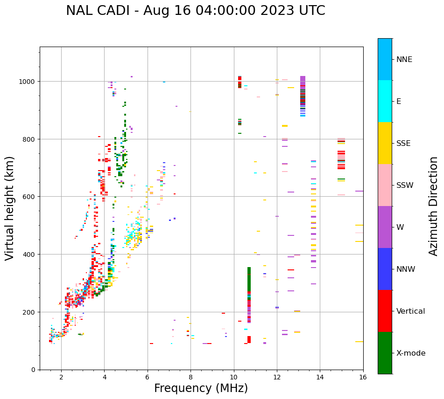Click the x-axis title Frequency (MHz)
tap(201, 388)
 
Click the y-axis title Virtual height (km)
tap(10, 208)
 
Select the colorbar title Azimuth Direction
tap(434, 206)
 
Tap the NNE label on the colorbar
tap(404, 59)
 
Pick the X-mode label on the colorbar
tap(411, 353)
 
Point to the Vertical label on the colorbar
tap(411, 311)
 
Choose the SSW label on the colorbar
tap(405, 185)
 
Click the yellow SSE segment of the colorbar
tap(385, 143)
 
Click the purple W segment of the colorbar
tap(385, 227)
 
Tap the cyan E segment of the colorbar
tap(385, 101)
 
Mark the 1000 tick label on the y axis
tap(28, 82)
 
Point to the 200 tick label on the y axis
tap(30, 312)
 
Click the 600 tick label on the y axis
tap(30, 197)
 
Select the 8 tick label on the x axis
tap(190, 377)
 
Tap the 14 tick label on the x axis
tap(320, 377)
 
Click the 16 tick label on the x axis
tap(363, 377)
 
